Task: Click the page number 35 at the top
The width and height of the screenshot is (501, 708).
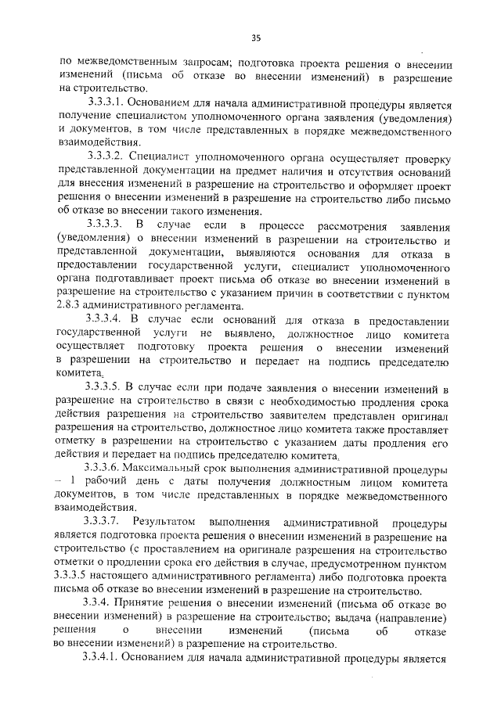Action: [255, 34]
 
